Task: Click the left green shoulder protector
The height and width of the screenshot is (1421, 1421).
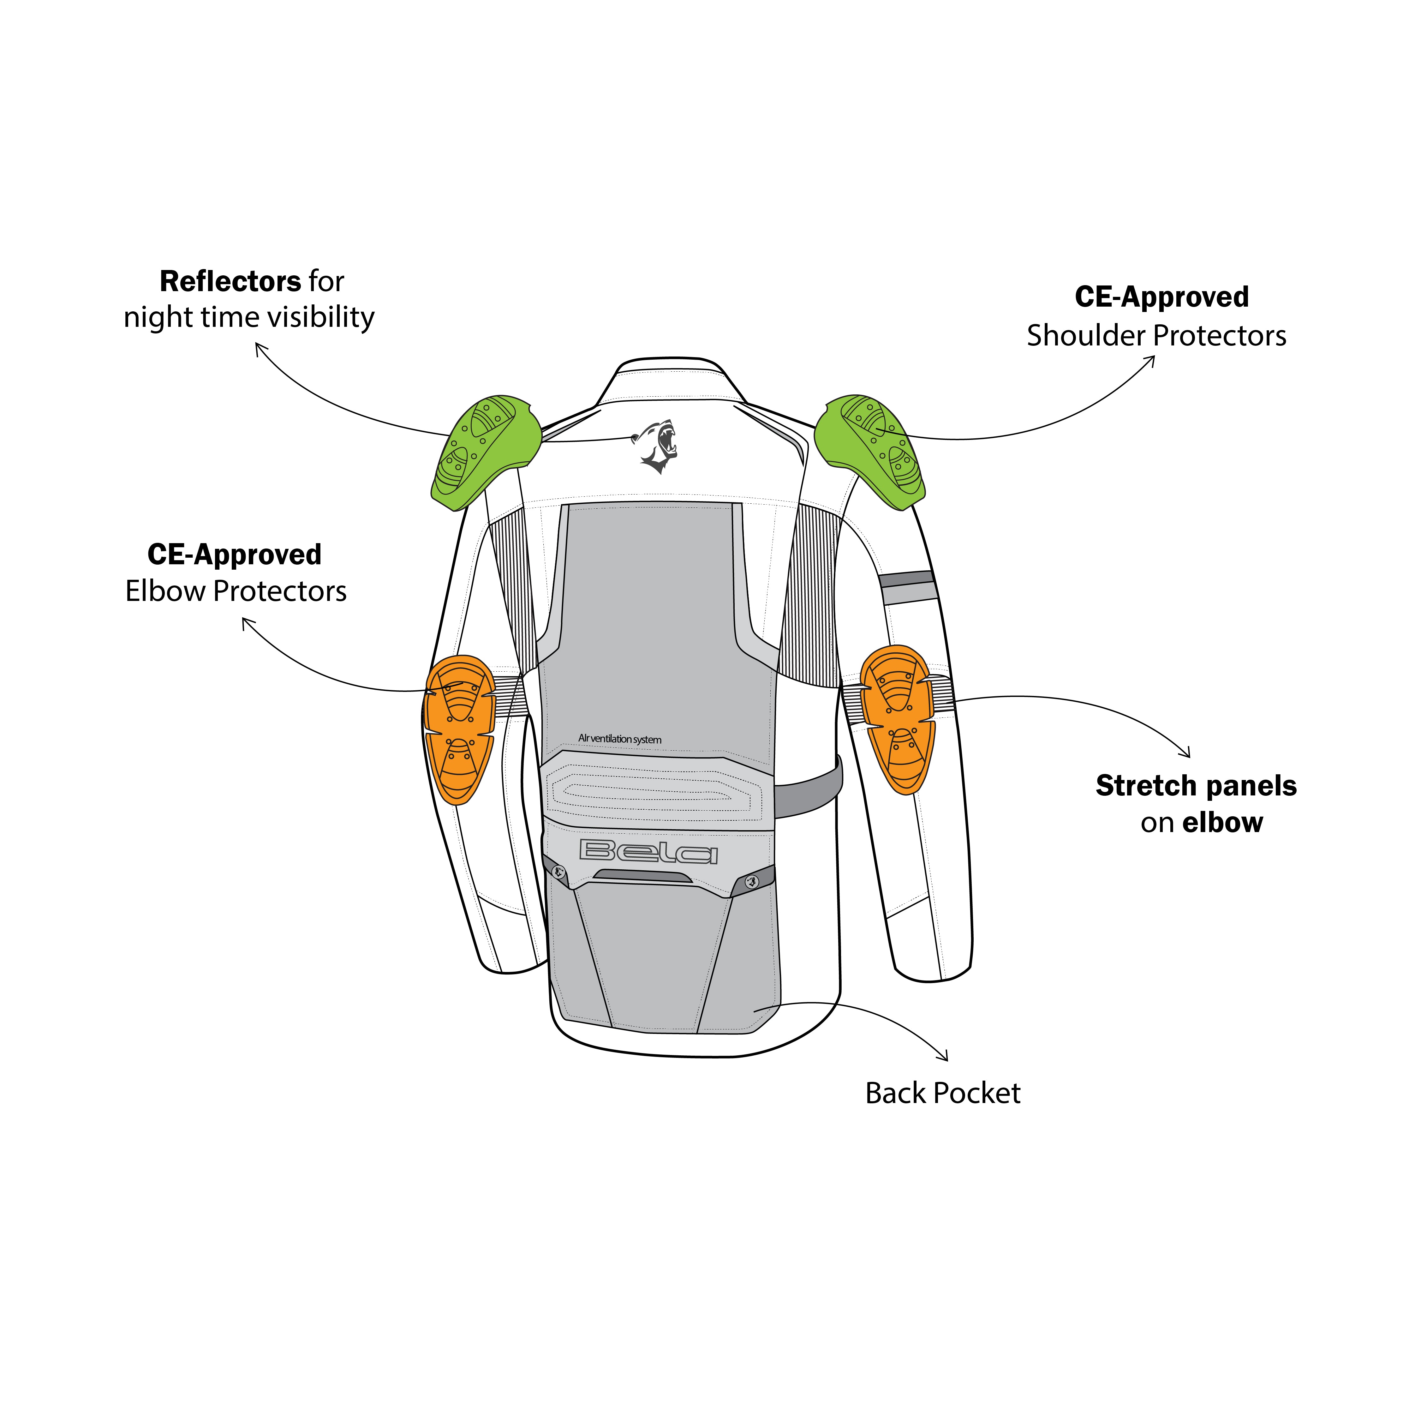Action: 482,450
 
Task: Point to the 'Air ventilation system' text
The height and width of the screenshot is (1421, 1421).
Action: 619,739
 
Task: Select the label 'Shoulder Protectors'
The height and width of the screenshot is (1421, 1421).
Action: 1156,335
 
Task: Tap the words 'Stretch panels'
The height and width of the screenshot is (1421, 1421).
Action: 1196,786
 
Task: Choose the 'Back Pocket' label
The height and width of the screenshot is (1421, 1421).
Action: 942,1093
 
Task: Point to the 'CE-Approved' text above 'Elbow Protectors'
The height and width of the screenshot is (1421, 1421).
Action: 235,555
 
